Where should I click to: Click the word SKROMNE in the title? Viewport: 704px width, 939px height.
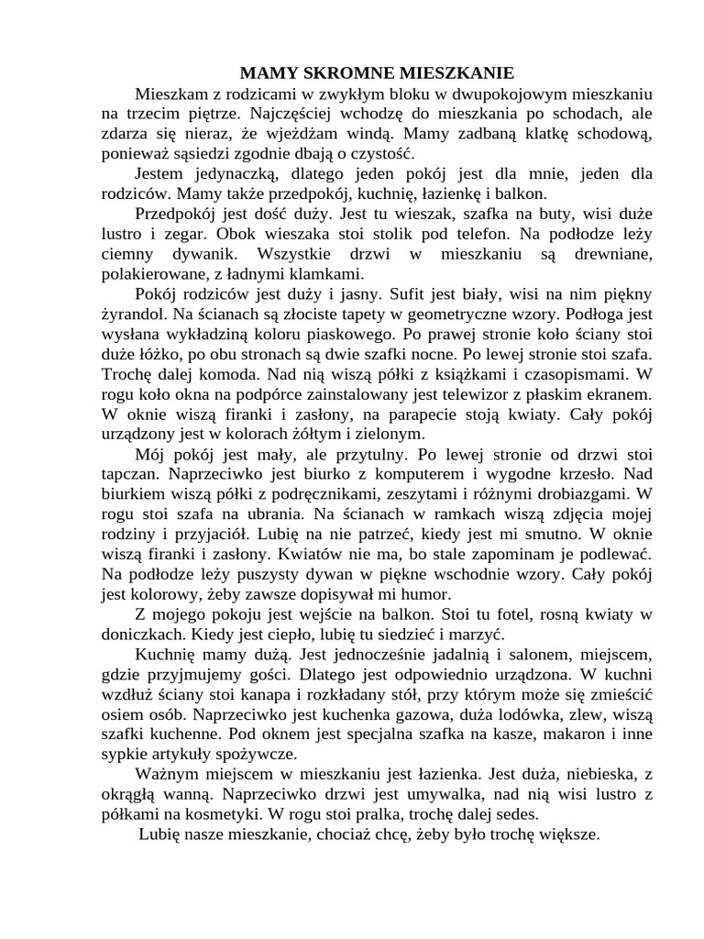pyautogui.click(x=345, y=72)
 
